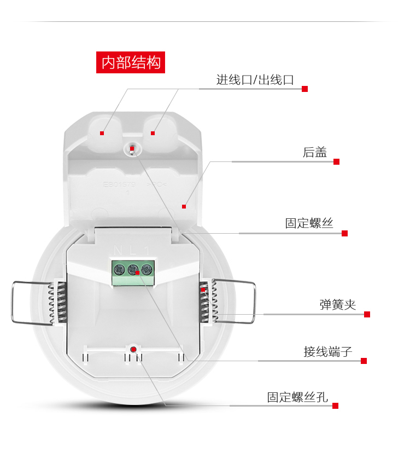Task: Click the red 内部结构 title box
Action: (131, 62)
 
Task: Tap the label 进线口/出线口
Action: (255, 80)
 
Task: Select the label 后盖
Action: (315, 152)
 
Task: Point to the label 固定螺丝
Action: (309, 223)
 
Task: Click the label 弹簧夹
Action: (337, 305)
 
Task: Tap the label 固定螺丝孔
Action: (297, 397)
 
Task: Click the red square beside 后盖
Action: (337, 161)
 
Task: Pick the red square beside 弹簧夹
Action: (367, 314)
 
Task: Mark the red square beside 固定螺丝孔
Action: (335, 406)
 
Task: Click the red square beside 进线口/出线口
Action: (305, 89)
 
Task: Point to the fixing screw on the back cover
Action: (132, 148)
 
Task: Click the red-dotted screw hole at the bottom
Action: (133, 349)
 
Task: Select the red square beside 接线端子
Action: (364, 361)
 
